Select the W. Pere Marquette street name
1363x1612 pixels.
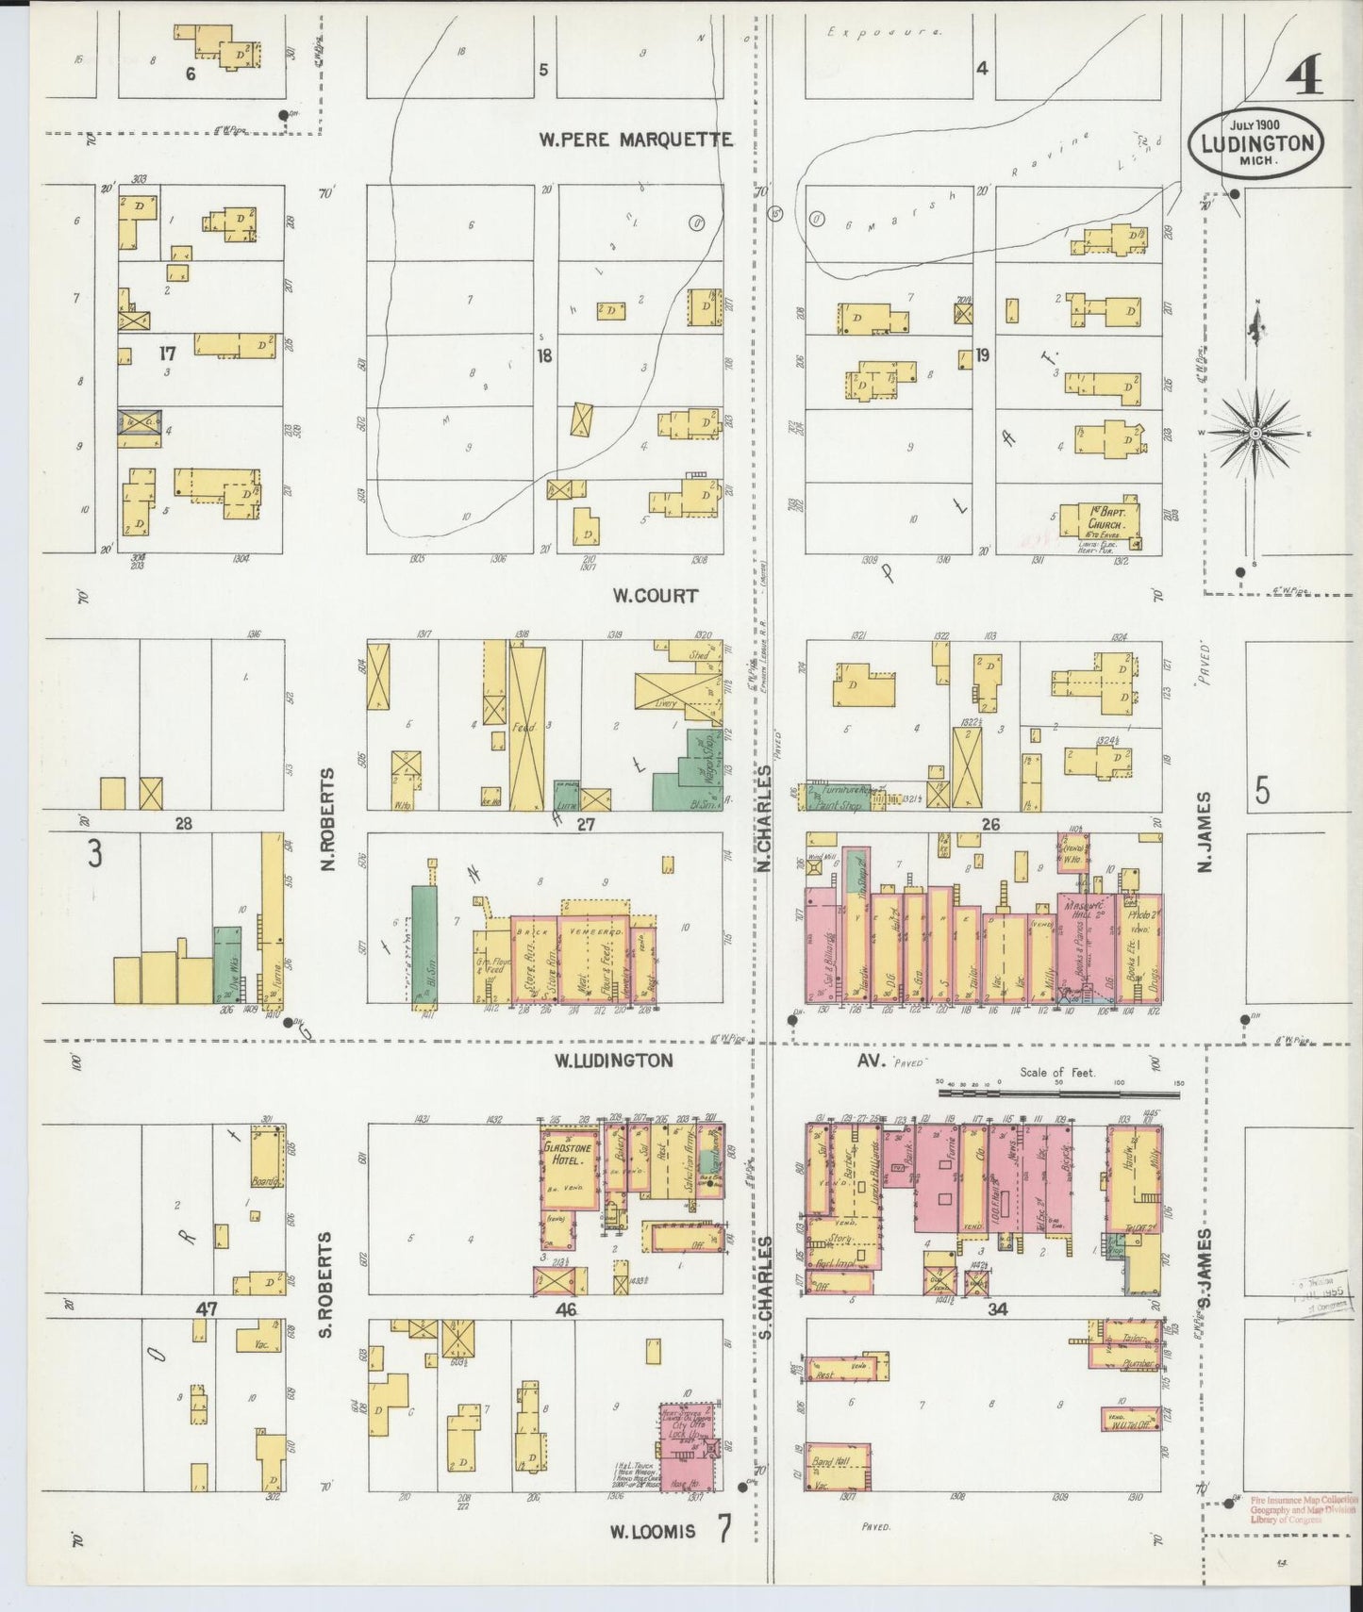[x=635, y=140]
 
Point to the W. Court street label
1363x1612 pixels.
[x=655, y=596]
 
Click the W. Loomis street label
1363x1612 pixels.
[x=652, y=1532]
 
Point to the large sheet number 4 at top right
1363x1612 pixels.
[x=1304, y=75]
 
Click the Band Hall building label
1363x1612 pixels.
[x=829, y=1461]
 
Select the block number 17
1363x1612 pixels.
[x=167, y=354]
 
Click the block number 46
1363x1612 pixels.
[x=566, y=1309]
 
